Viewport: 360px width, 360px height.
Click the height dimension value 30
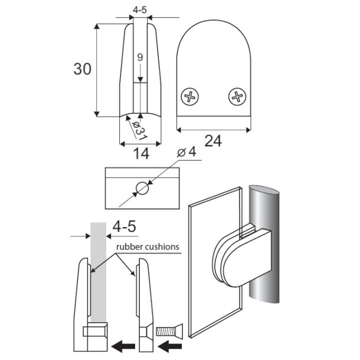coord(83,69)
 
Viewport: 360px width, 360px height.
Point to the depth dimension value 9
coord(140,57)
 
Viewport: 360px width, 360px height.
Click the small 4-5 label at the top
coord(140,10)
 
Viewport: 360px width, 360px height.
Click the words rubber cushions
coord(146,247)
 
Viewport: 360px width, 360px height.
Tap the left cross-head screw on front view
coord(190,97)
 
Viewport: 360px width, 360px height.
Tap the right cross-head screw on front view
coord(237,97)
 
